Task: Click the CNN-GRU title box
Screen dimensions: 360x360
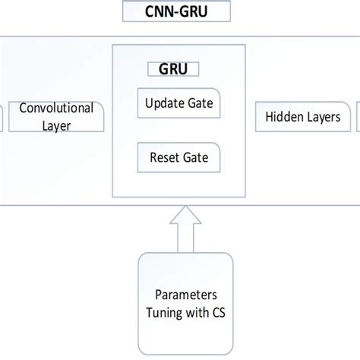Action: coord(179,11)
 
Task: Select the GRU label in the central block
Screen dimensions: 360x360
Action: coord(173,69)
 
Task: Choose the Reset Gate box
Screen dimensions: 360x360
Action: coord(178,159)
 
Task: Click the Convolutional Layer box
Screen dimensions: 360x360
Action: coord(55,116)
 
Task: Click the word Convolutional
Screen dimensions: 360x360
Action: coord(56,108)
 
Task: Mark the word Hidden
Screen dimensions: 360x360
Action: coord(283,118)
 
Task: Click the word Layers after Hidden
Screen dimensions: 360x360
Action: coord(318,118)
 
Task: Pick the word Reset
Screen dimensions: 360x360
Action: coord(165,159)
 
